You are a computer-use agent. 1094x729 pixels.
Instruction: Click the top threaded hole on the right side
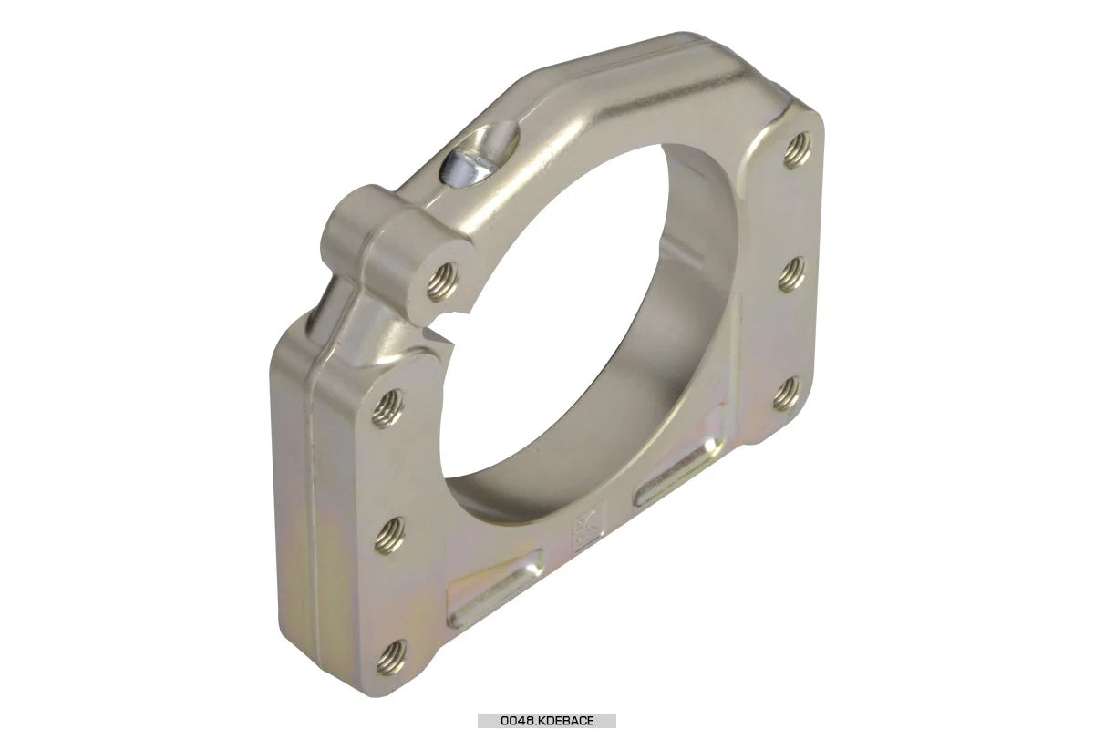(797, 149)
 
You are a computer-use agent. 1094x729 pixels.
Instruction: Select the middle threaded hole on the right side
(791, 273)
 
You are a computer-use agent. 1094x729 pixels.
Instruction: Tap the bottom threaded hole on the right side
(787, 394)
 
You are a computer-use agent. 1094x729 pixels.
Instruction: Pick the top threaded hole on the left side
(387, 407)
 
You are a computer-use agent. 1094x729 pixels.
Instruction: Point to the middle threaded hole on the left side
(389, 532)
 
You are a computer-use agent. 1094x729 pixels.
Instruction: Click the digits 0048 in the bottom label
(516, 721)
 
